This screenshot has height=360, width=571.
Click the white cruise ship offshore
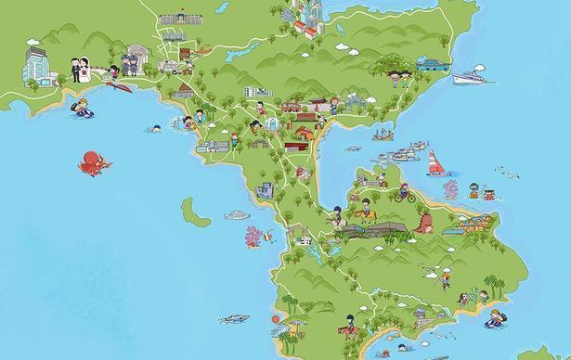pyautogui.click(x=470, y=79)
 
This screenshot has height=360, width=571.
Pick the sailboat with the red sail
pyautogui.click(x=435, y=162)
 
